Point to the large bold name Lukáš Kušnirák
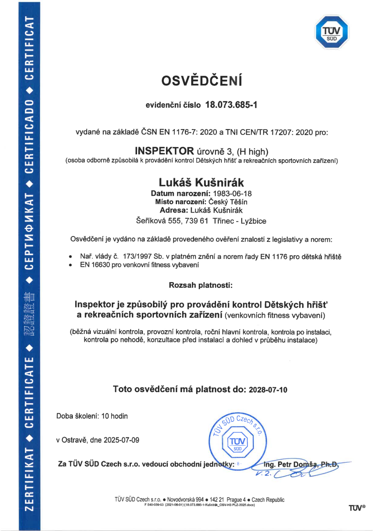tap(202, 182)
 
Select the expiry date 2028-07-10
tap(268, 389)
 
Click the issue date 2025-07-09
tap(124, 440)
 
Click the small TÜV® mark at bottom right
tap(356, 507)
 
